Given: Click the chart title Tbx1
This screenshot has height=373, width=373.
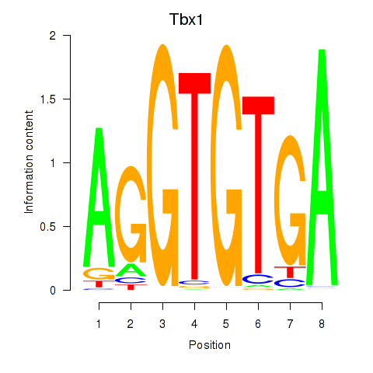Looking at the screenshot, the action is [186, 19].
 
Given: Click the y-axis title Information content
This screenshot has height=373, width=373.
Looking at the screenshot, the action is [29, 162].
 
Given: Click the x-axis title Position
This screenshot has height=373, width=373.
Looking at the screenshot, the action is [210, 345].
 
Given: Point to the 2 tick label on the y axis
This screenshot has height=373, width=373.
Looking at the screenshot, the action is [53, 36].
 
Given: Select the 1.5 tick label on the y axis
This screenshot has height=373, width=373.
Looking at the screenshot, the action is [48, 99].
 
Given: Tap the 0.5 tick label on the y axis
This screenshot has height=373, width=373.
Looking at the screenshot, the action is [48, 227].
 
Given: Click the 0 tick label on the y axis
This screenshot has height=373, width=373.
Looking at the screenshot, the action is [53, 291].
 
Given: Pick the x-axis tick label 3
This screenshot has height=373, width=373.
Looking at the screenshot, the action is [162, 324].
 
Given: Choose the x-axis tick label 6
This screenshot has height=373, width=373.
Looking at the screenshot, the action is [258, 324].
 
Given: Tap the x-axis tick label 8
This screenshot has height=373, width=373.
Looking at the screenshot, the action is [322, 324].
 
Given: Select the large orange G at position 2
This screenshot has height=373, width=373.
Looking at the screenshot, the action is [131, 214].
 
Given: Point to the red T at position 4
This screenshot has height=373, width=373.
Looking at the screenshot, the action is [194, 176].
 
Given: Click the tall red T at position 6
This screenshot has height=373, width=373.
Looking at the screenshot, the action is [258, 184].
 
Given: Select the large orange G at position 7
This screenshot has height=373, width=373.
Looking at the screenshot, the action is [290, 200].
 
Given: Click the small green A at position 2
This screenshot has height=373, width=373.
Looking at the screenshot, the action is [131, 270].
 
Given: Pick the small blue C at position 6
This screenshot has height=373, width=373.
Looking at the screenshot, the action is [258, 279].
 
